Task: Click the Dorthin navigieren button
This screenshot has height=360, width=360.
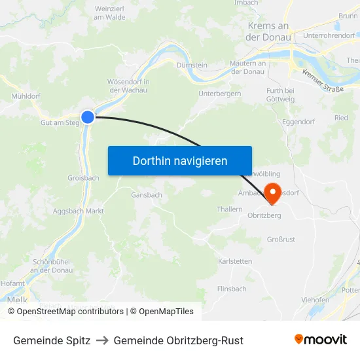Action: coord(180,160)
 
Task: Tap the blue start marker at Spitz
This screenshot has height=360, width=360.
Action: coord(88,117)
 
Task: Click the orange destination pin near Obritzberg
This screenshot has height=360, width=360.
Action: coord(272,192)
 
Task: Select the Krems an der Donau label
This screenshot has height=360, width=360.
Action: coord(268,31)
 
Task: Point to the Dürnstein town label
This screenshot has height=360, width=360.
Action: coord(192,65)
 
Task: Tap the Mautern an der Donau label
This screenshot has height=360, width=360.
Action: coord(247,67)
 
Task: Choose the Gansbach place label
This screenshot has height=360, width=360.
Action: coord(147,195)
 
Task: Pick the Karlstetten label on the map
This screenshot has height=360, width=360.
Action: coord(235,261)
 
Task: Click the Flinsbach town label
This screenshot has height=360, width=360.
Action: coord(232,289)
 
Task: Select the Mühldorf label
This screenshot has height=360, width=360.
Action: coord(26,96)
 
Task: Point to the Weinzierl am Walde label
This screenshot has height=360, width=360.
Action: coord(109,12)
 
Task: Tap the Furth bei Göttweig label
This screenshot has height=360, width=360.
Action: coord(281,94)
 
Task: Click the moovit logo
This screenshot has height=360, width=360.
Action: coord(321,340)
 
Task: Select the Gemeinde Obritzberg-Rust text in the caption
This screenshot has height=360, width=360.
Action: coord(178,340)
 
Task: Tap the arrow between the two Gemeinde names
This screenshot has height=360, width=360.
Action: coord(102,340)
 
